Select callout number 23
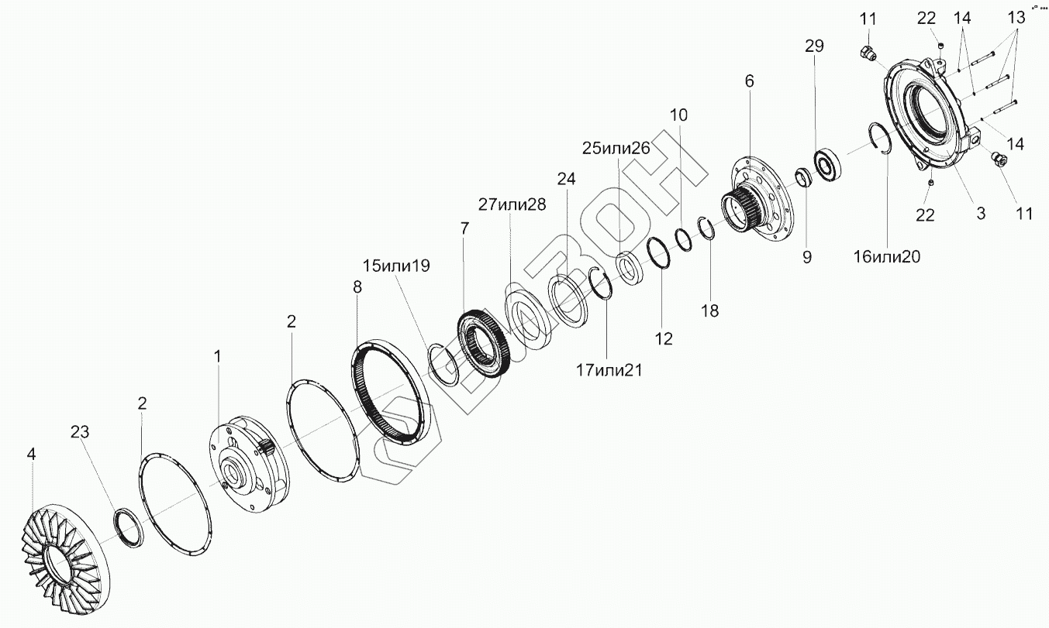[x=80, y=432]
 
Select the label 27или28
[x=512, y=204]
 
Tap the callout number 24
[x=567, y=179]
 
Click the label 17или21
[x=609, y=371]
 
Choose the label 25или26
[x=616, y=148]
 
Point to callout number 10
[x=678, y=115]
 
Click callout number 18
[x=709, y=311]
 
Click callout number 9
[x=807, y=257]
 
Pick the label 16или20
[x=885, y=257]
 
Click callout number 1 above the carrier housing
[x=218, y=356]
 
